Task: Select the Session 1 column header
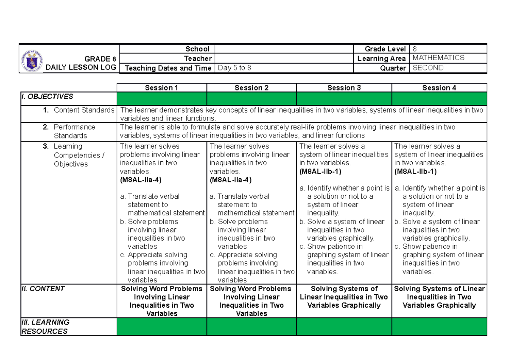point(162,88)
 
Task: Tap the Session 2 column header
point(252,88)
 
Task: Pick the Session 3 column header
point(344,88)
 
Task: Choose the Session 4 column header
point(439,88)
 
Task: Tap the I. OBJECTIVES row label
point(47,97)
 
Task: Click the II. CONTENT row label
point(43,289)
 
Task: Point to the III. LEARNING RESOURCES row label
point(45,326)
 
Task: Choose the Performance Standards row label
point(74,131)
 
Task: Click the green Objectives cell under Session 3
point(344,98)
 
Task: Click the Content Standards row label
point(84,110)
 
